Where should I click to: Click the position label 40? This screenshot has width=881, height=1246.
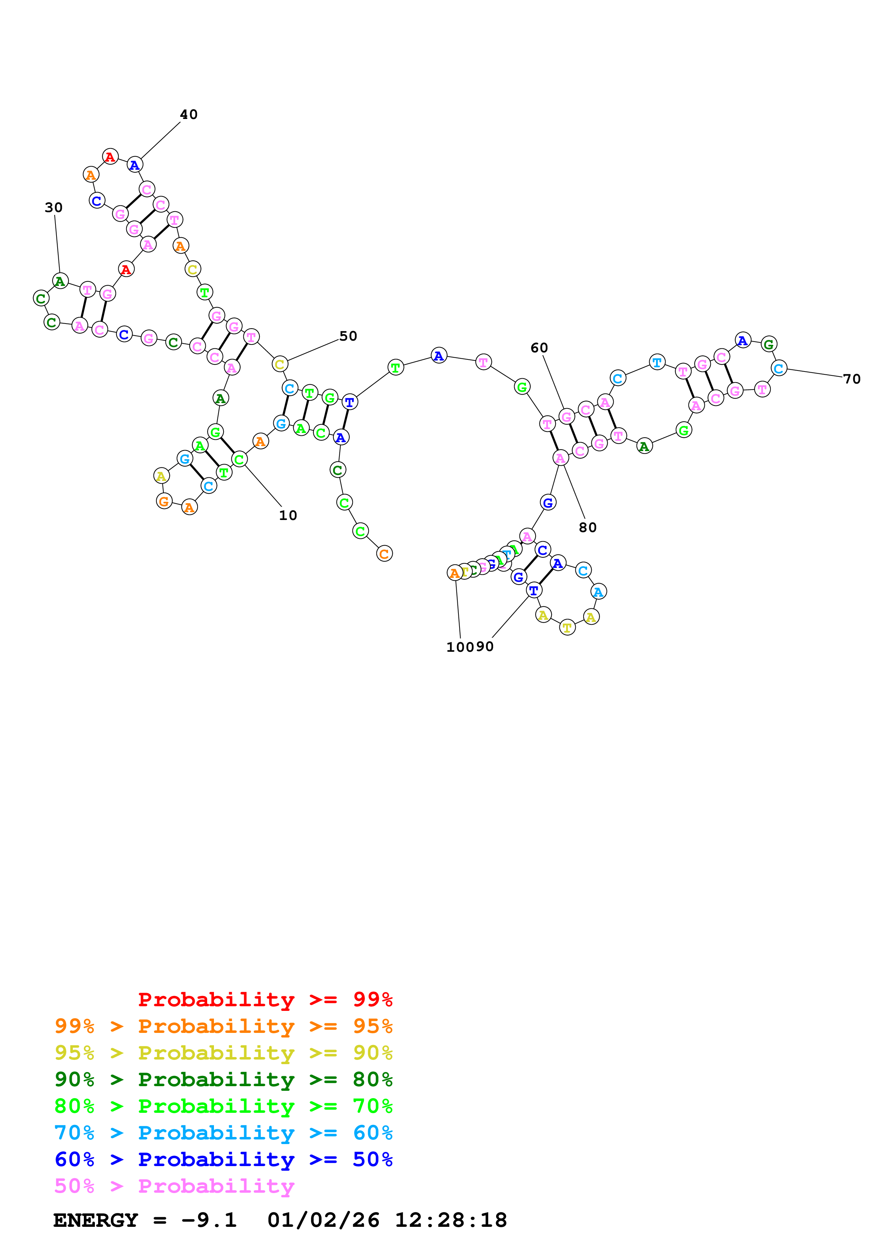point(189,114)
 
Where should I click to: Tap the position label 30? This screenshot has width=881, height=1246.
point(54,207)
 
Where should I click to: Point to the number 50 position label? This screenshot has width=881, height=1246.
point(348,336)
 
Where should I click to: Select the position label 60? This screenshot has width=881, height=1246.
point(539,348)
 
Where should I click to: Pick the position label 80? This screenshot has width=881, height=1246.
point(587,527)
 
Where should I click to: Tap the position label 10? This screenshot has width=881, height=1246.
point(288,515)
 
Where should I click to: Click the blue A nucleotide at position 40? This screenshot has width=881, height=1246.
point(135,165)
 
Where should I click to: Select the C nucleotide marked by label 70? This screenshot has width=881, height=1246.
point(778,368)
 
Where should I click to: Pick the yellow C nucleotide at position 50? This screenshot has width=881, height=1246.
point(280,364)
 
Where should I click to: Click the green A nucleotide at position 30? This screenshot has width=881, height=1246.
point(60,281)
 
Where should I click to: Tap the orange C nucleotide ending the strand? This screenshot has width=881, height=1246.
point(384,554)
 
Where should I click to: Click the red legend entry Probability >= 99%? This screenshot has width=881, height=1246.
point(265,999)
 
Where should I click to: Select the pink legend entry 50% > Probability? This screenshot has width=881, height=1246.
point(174,1186)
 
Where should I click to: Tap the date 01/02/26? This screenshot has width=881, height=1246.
point(323,1220)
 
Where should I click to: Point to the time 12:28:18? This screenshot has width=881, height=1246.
point(451,1220)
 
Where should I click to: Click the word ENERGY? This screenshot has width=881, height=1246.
point(96,1220)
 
